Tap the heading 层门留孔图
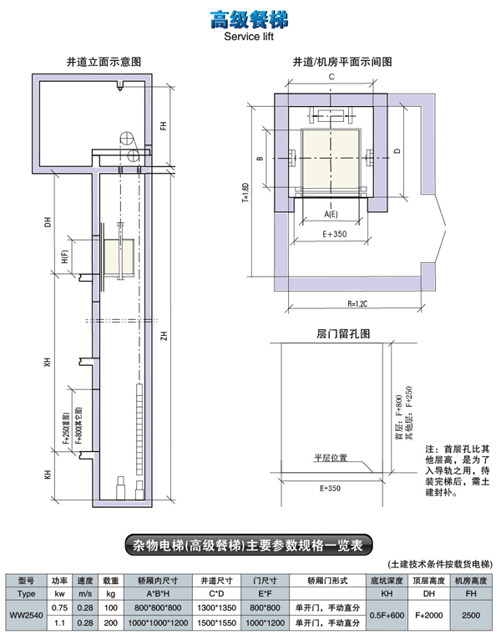tap(331, 333)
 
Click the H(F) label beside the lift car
tap(65, 259)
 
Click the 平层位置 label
tap(330, 457)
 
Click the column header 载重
tap(109, 579)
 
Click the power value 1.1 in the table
tap(59, 622)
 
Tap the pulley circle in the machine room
tap(128, 139)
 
